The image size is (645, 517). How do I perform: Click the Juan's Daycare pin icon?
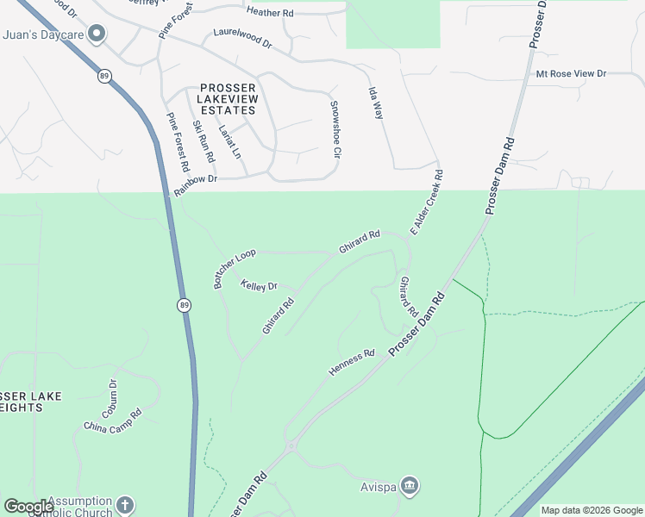tap(97, 35)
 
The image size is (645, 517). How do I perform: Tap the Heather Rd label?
tap(269, 11)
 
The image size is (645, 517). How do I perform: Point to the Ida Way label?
tap(376, 103)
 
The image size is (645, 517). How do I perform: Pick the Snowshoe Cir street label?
tap(335, 130)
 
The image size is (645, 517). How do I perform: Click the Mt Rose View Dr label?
tap(571, 75)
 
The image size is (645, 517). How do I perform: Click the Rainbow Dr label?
tap(195, 184)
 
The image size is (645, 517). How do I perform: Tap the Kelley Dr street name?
tap(259, 285)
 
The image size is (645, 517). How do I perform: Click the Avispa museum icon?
tap(410, 486)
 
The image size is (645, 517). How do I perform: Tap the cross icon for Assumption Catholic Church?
tap(126, 505)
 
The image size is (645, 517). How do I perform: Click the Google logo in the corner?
tap(28, 507)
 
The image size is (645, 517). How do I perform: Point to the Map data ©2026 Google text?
tap(591, 510)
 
